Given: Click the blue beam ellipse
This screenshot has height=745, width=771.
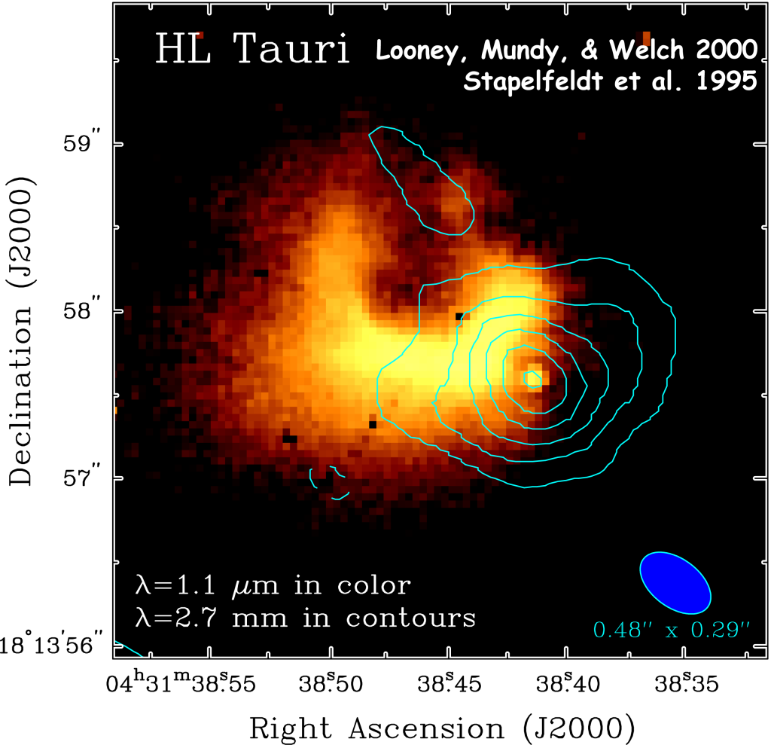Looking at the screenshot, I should (x=675, y=582).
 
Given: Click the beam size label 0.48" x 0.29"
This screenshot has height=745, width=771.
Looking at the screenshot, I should (x=672, y=628).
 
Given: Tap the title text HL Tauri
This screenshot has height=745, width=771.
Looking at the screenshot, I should (x=252, y=49).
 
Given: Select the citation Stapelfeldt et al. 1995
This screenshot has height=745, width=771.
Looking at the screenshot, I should (x=610, y=81).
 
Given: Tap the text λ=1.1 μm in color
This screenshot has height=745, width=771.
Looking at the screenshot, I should (x=273, y=585).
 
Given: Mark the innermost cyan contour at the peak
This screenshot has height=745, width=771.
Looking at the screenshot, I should (x=533, y=378).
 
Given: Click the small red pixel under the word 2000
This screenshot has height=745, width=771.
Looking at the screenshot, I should (x=646, y=38).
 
